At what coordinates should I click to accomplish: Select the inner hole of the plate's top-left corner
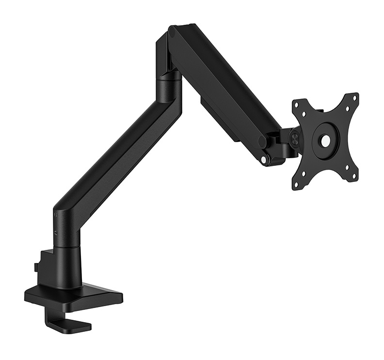(304, 114)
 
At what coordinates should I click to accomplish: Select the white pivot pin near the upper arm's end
(264, 159)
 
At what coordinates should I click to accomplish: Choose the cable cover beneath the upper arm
(218, 116)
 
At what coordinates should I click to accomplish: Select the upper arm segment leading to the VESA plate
(223, 82)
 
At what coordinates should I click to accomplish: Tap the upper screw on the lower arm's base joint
(56, 214)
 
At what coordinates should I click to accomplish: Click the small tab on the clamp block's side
(36, 267)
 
